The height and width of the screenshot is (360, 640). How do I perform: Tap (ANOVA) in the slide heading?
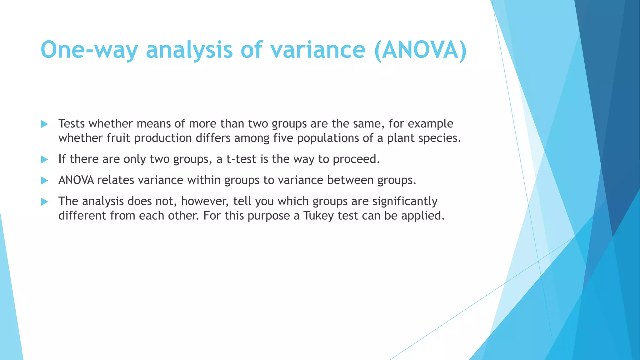(x=420, y=50)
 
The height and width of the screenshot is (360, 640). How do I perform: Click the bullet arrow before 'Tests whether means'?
(x=44, y=124)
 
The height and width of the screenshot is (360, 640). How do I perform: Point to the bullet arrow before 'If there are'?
(x=44, y=160)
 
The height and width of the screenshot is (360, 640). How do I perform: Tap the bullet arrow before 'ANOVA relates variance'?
(x=44, y=181)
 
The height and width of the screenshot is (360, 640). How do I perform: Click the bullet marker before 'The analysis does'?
(x=44, y=202)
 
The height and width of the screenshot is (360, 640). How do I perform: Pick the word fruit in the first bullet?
(x=118, y=138)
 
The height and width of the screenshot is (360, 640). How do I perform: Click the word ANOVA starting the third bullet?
(x=76, y=180)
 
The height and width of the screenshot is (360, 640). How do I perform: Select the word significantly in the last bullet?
(x=405, y=202)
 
